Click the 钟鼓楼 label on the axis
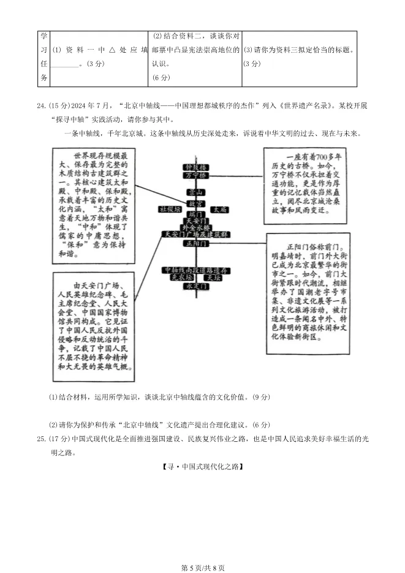pyautogui.click(x=195, y=167)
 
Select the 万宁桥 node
pyautogui.click(x=195, y=175)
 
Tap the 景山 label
pyautogui.click(x=195, y=192)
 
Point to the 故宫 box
pyautogui.click(x=195, y=203)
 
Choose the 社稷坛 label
pyautogui.click(x=170, y=210)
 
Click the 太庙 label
pyautogui.click(x=219, y=210)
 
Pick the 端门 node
pyautogui.click(x=195, y=214)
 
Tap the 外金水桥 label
pyautogui.click(x=195, y=227)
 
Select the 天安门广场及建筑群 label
pyautogui.click(x=195, y=235)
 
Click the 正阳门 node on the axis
pyautogui.click(x=195, y=243)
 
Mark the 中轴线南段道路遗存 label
pyautogui.click(x=195, y=270)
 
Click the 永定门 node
pyautogui.click(x=195, y=286)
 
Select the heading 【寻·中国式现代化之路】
pyautogui.click(x=202, y=467)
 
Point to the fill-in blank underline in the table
pyautogui.click(x=65, y=64)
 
